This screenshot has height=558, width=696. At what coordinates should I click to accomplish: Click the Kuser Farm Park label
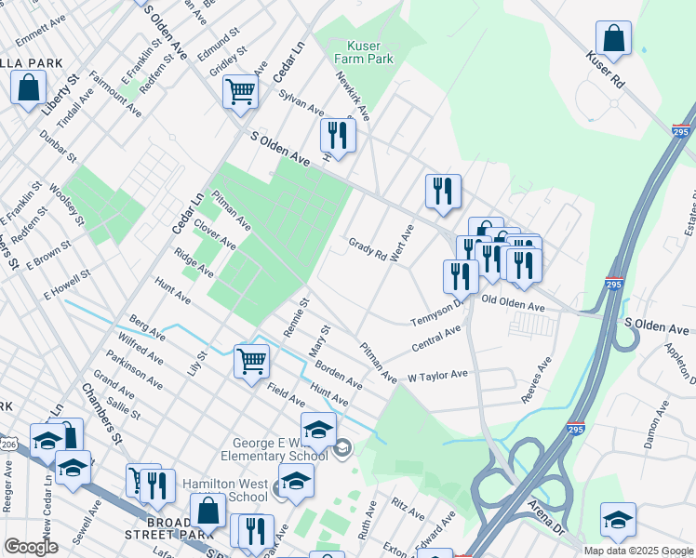click(x=370, y=52)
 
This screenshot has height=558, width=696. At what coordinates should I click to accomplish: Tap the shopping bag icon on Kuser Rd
click(x=614, y=40)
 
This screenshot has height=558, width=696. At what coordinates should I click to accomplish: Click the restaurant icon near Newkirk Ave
click(x=337, y=136)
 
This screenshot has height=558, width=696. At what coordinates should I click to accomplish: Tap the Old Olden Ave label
click(x=513, y=305)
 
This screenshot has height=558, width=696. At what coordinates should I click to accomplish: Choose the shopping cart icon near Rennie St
click(x=252, y=361)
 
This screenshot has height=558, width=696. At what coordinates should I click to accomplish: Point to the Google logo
click(x=31, y=547)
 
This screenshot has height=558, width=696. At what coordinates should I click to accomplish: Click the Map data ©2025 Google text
click(x=637, y=551)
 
